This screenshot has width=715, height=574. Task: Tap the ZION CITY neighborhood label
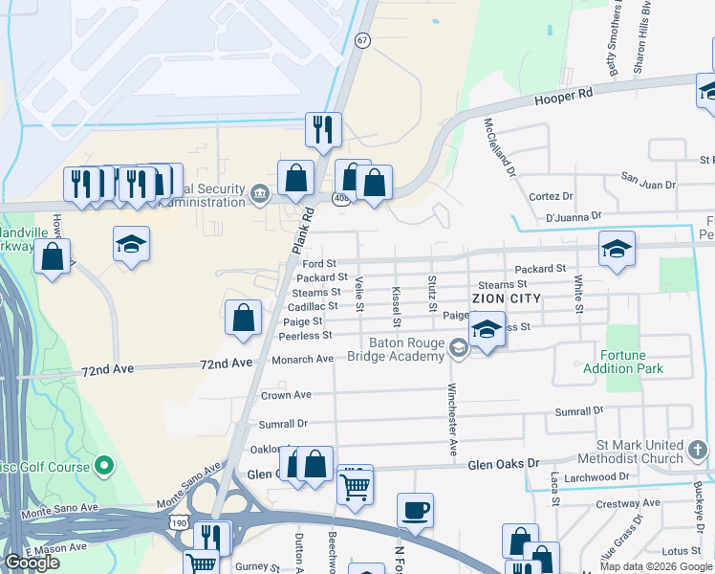504,298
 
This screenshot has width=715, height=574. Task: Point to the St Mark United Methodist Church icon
697,447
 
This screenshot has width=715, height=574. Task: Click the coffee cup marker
415,511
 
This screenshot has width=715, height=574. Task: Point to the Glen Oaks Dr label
504,465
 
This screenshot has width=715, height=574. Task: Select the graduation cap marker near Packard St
617,250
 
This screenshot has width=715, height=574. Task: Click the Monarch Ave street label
303,359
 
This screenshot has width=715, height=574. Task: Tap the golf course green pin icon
105,468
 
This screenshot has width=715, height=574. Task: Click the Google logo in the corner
32,563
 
